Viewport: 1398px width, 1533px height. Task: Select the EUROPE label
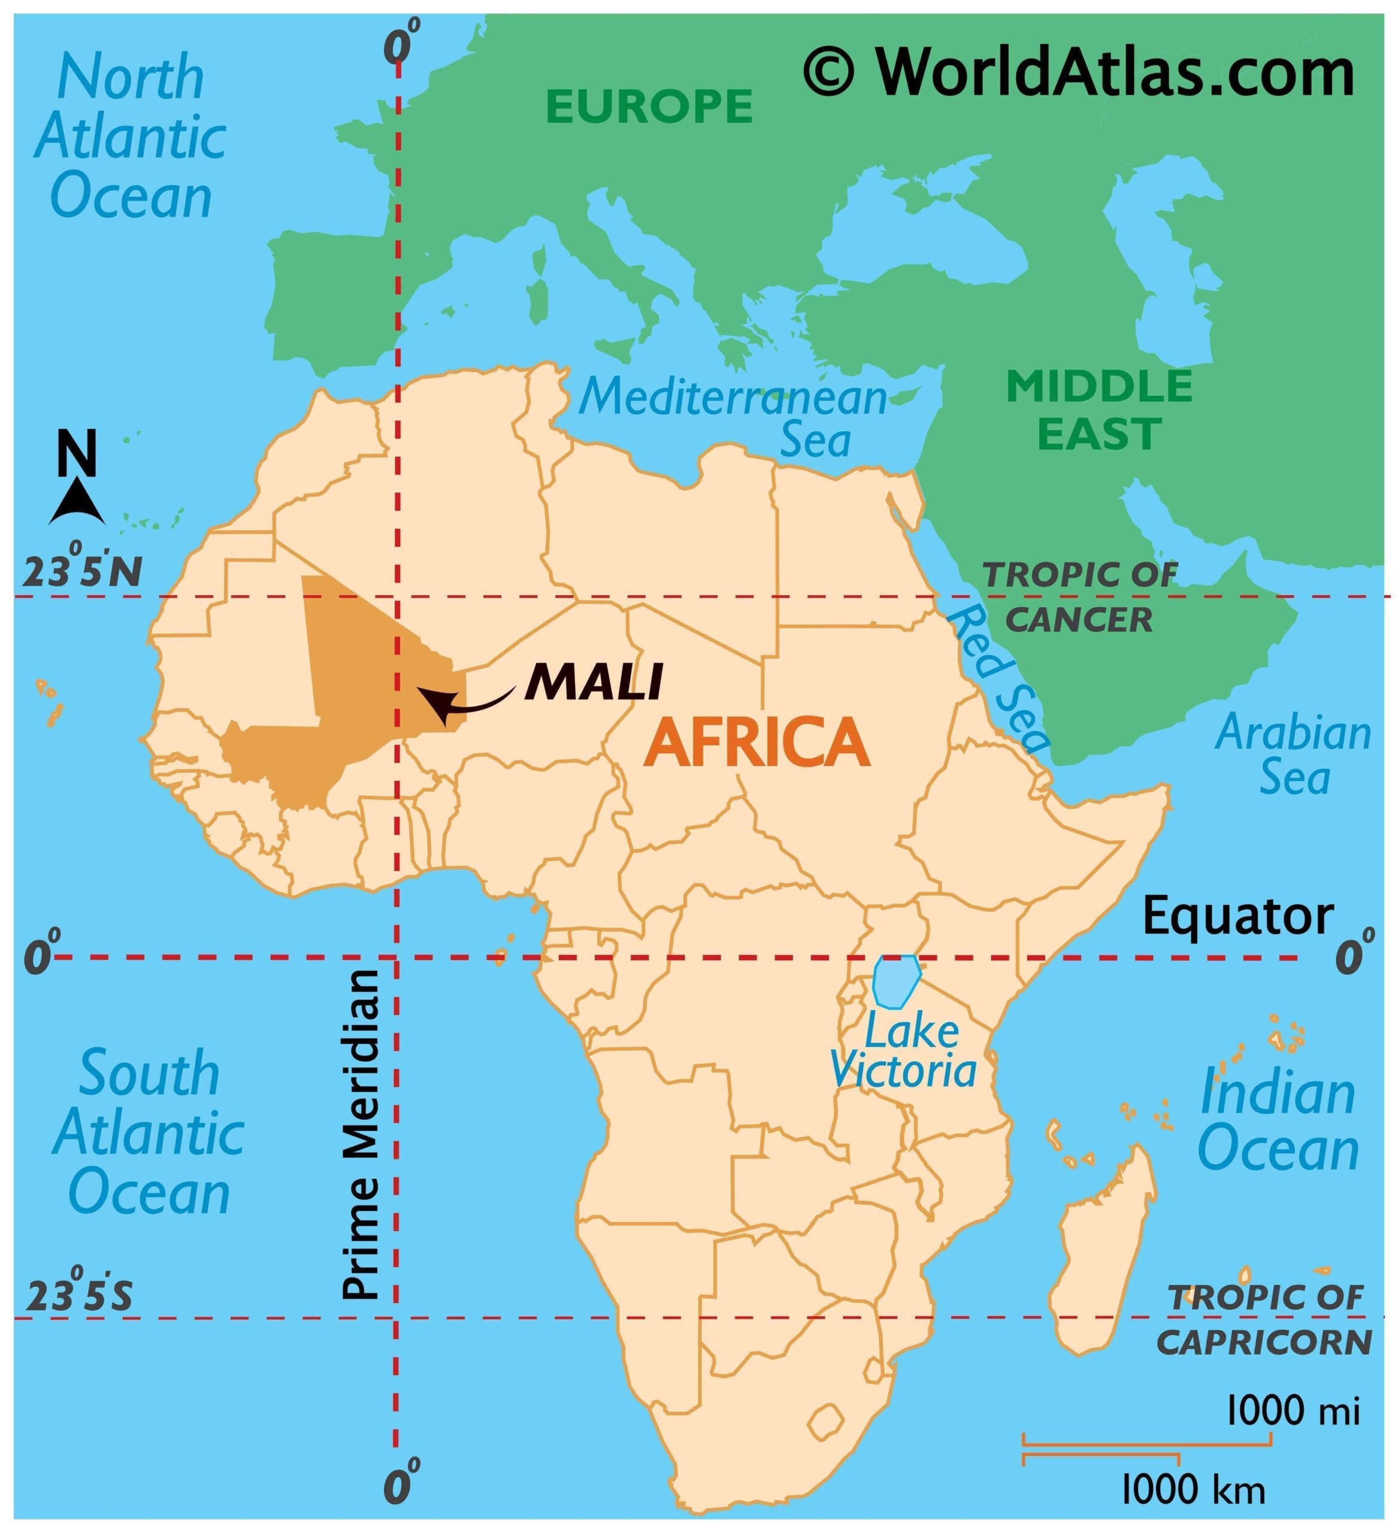tap(649, 106)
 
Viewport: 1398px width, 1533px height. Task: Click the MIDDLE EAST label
tap(1099, 409)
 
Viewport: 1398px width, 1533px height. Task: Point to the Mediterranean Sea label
tap(734, 417)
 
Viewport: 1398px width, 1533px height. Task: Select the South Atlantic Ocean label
tap(149, 1132)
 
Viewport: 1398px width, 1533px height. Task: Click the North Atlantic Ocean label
tap(130, 137)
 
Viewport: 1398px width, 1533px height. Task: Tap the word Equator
tap(1237, 916)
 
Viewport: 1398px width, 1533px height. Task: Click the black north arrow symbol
tap(77, 504)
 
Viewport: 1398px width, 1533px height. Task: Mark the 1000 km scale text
tap(1193, 1490)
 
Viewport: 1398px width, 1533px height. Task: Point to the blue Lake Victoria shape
tap(895, 980)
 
